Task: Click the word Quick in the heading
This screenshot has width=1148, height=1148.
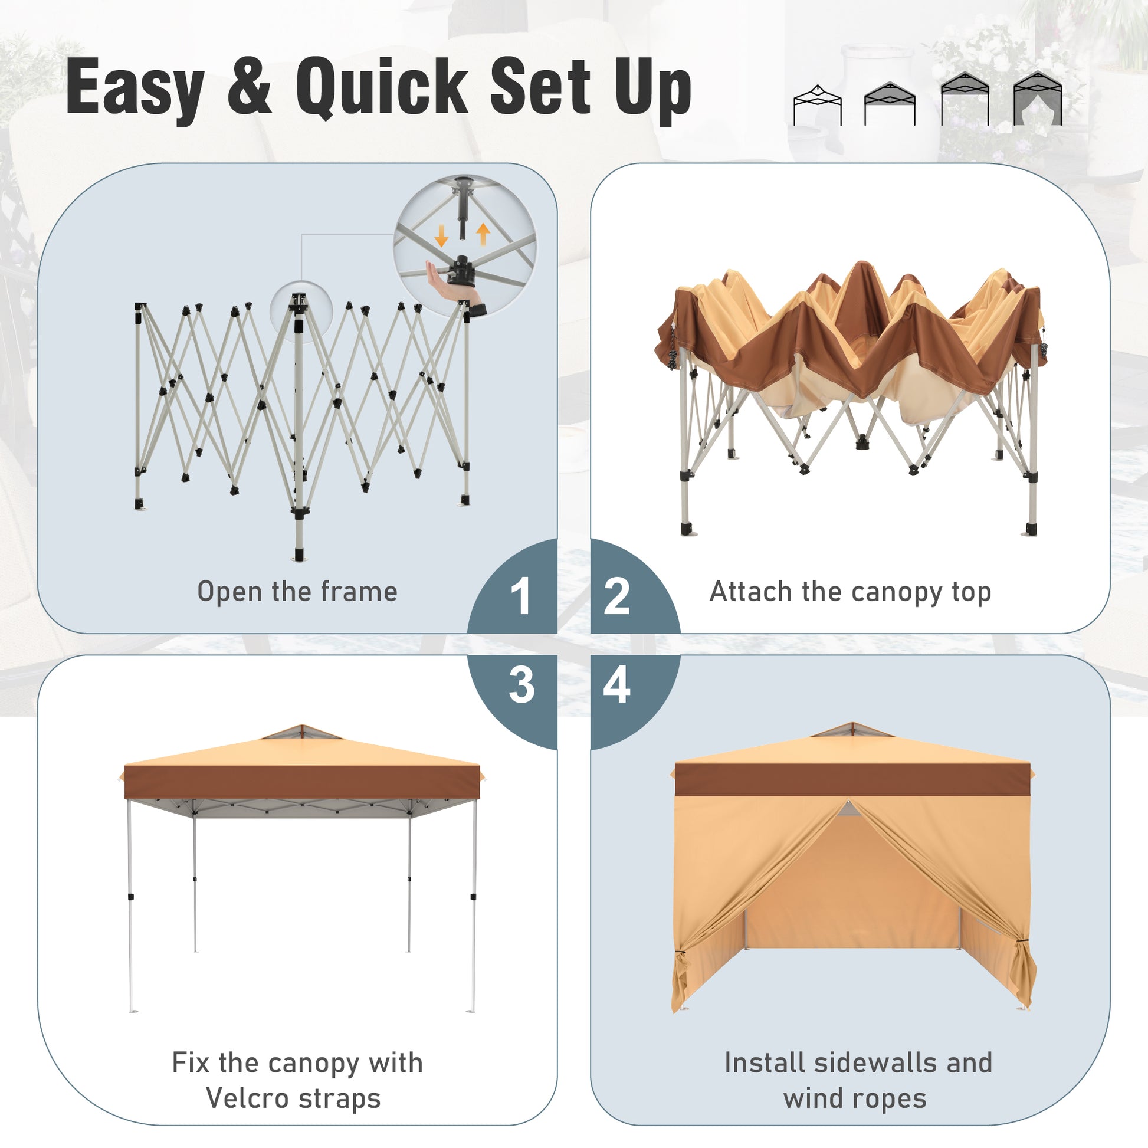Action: coord(383,87)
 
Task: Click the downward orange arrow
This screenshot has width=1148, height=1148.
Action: coord(441,236)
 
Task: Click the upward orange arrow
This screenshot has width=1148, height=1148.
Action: coord(484,234)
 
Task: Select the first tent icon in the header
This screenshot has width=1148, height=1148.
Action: coord(818,104)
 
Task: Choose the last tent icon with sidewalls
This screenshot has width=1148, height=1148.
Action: coord(1038,98)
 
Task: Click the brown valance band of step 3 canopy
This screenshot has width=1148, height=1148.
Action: coord(302,782)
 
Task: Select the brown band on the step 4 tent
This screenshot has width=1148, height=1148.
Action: coord(852,780)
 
